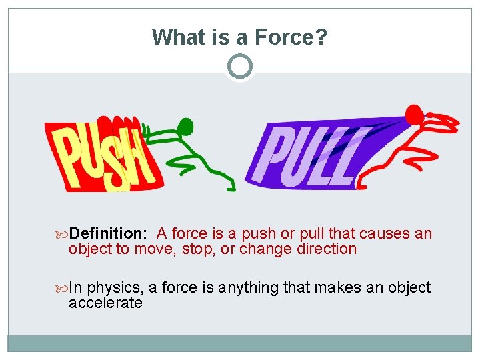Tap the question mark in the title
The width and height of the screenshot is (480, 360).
(321, 37)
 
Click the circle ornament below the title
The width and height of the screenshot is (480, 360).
(240, 67)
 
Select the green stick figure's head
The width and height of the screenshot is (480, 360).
(186, 126)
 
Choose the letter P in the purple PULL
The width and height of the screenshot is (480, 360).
(281, 157)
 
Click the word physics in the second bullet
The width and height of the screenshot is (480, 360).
(114, 288)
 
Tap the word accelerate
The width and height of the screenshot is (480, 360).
(105, 303)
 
